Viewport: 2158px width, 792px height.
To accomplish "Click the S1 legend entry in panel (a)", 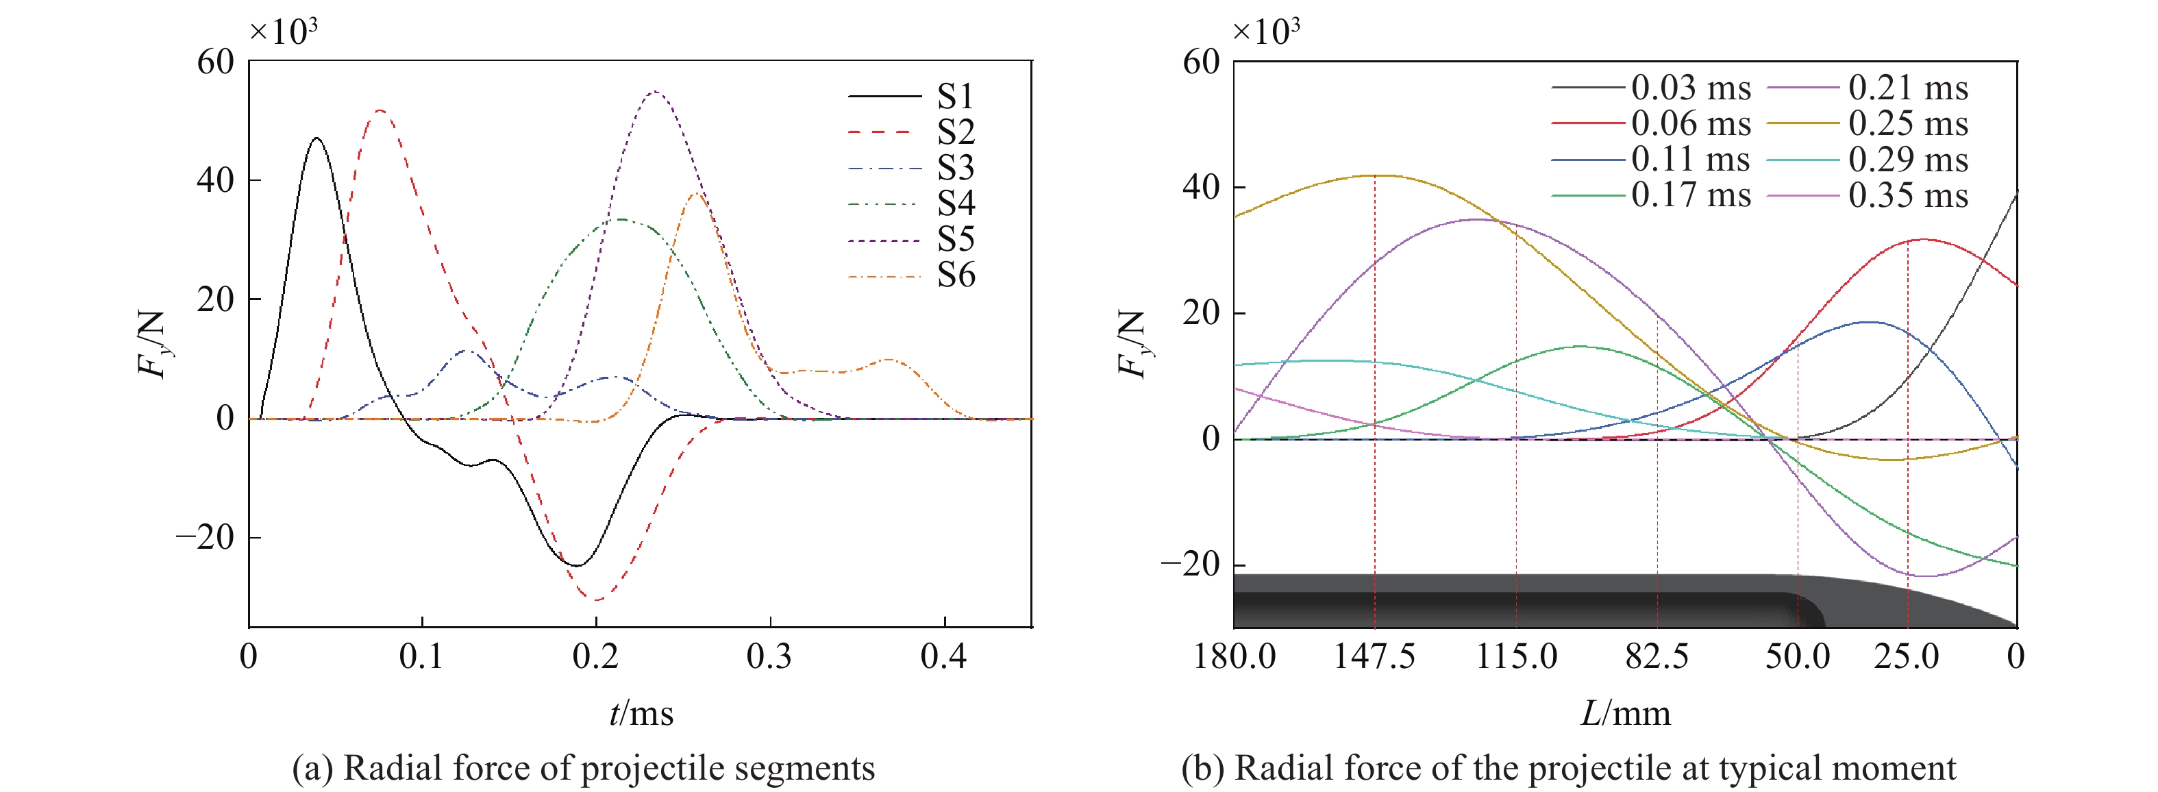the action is coord(911,97).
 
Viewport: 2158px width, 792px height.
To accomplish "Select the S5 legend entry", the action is coord(911,240).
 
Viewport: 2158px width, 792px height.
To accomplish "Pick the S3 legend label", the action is coord(956,169).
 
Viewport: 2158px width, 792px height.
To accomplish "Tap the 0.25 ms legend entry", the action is coord(1868,124).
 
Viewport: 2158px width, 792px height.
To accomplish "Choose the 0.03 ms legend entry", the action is coord(1651,88).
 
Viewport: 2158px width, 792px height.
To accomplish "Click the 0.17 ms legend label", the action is coord(1691,195).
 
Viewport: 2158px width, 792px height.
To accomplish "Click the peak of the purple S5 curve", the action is coord(654,91).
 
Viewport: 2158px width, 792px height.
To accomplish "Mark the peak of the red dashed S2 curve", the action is coord(380,110).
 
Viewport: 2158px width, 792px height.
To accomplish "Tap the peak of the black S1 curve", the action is coord(316,138).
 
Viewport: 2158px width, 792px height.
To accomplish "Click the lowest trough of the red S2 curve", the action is coord(595,600).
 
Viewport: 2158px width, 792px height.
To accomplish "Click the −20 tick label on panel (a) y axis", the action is coord(206,537).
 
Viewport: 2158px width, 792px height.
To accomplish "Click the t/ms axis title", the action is coord(642,714).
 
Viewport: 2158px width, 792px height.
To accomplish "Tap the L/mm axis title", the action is coord(1625,714).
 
